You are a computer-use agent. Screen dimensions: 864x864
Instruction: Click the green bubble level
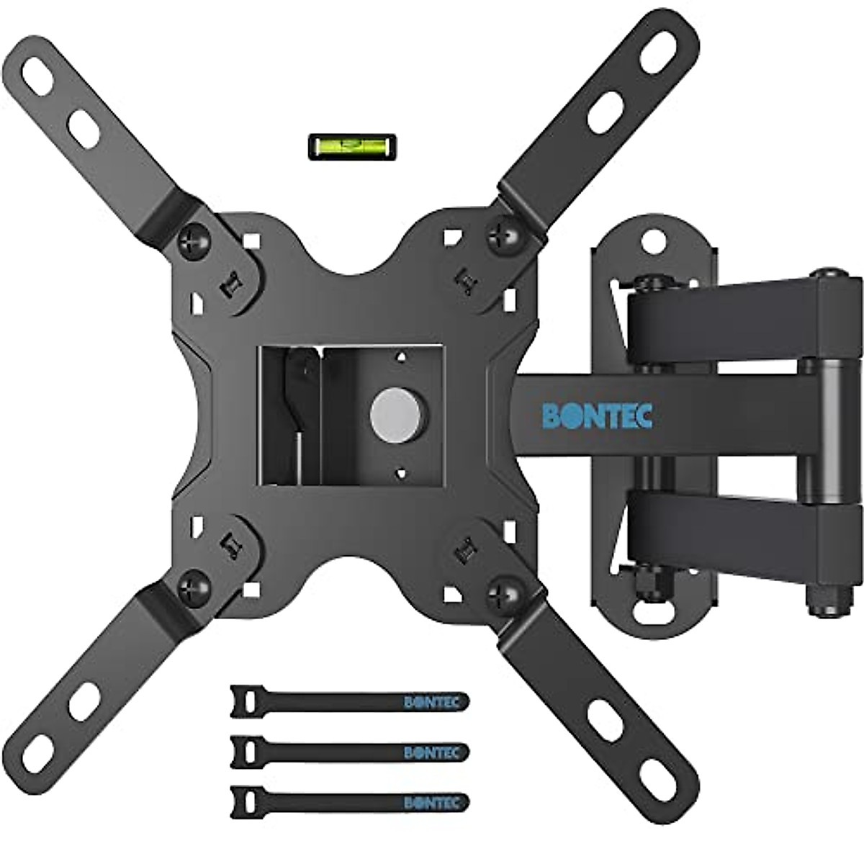(352, 146)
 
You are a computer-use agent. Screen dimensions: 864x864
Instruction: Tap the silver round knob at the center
(398, 415)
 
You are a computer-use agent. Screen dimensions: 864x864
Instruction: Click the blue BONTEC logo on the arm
(597, 416)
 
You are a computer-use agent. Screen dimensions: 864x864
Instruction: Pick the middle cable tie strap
(349, 752)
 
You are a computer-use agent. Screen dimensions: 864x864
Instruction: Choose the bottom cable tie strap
(349, 802)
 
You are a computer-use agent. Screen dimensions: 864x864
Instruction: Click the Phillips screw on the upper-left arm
(194, 240)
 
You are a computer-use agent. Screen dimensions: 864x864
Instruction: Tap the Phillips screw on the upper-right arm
(505, 233)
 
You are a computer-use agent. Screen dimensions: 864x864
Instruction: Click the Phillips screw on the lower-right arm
(505, 595)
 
